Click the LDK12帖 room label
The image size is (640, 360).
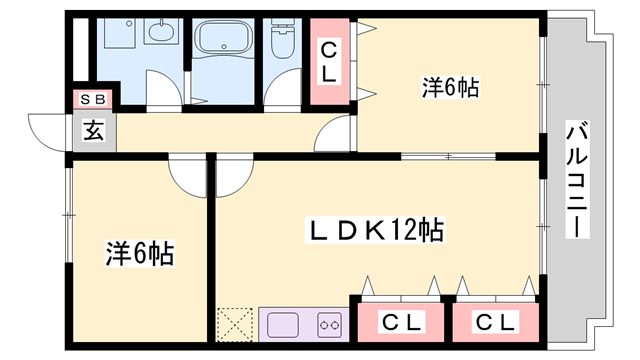click(x=375, y=232)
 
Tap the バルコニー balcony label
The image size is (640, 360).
click(x=576, y=180)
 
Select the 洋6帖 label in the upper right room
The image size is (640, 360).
click(x=450, y=88)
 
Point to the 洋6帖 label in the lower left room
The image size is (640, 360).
click(x=141, y=254)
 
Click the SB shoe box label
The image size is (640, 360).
click(x=93, y=99)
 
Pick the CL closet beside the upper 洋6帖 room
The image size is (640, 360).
click(x=329, y=61)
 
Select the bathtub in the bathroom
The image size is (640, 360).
click(x=222, y=41)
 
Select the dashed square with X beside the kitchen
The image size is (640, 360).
click(x=237, y=325)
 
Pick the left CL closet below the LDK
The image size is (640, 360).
click(x=399, y=322)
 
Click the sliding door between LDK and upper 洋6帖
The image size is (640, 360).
click(x=450, y=155)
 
